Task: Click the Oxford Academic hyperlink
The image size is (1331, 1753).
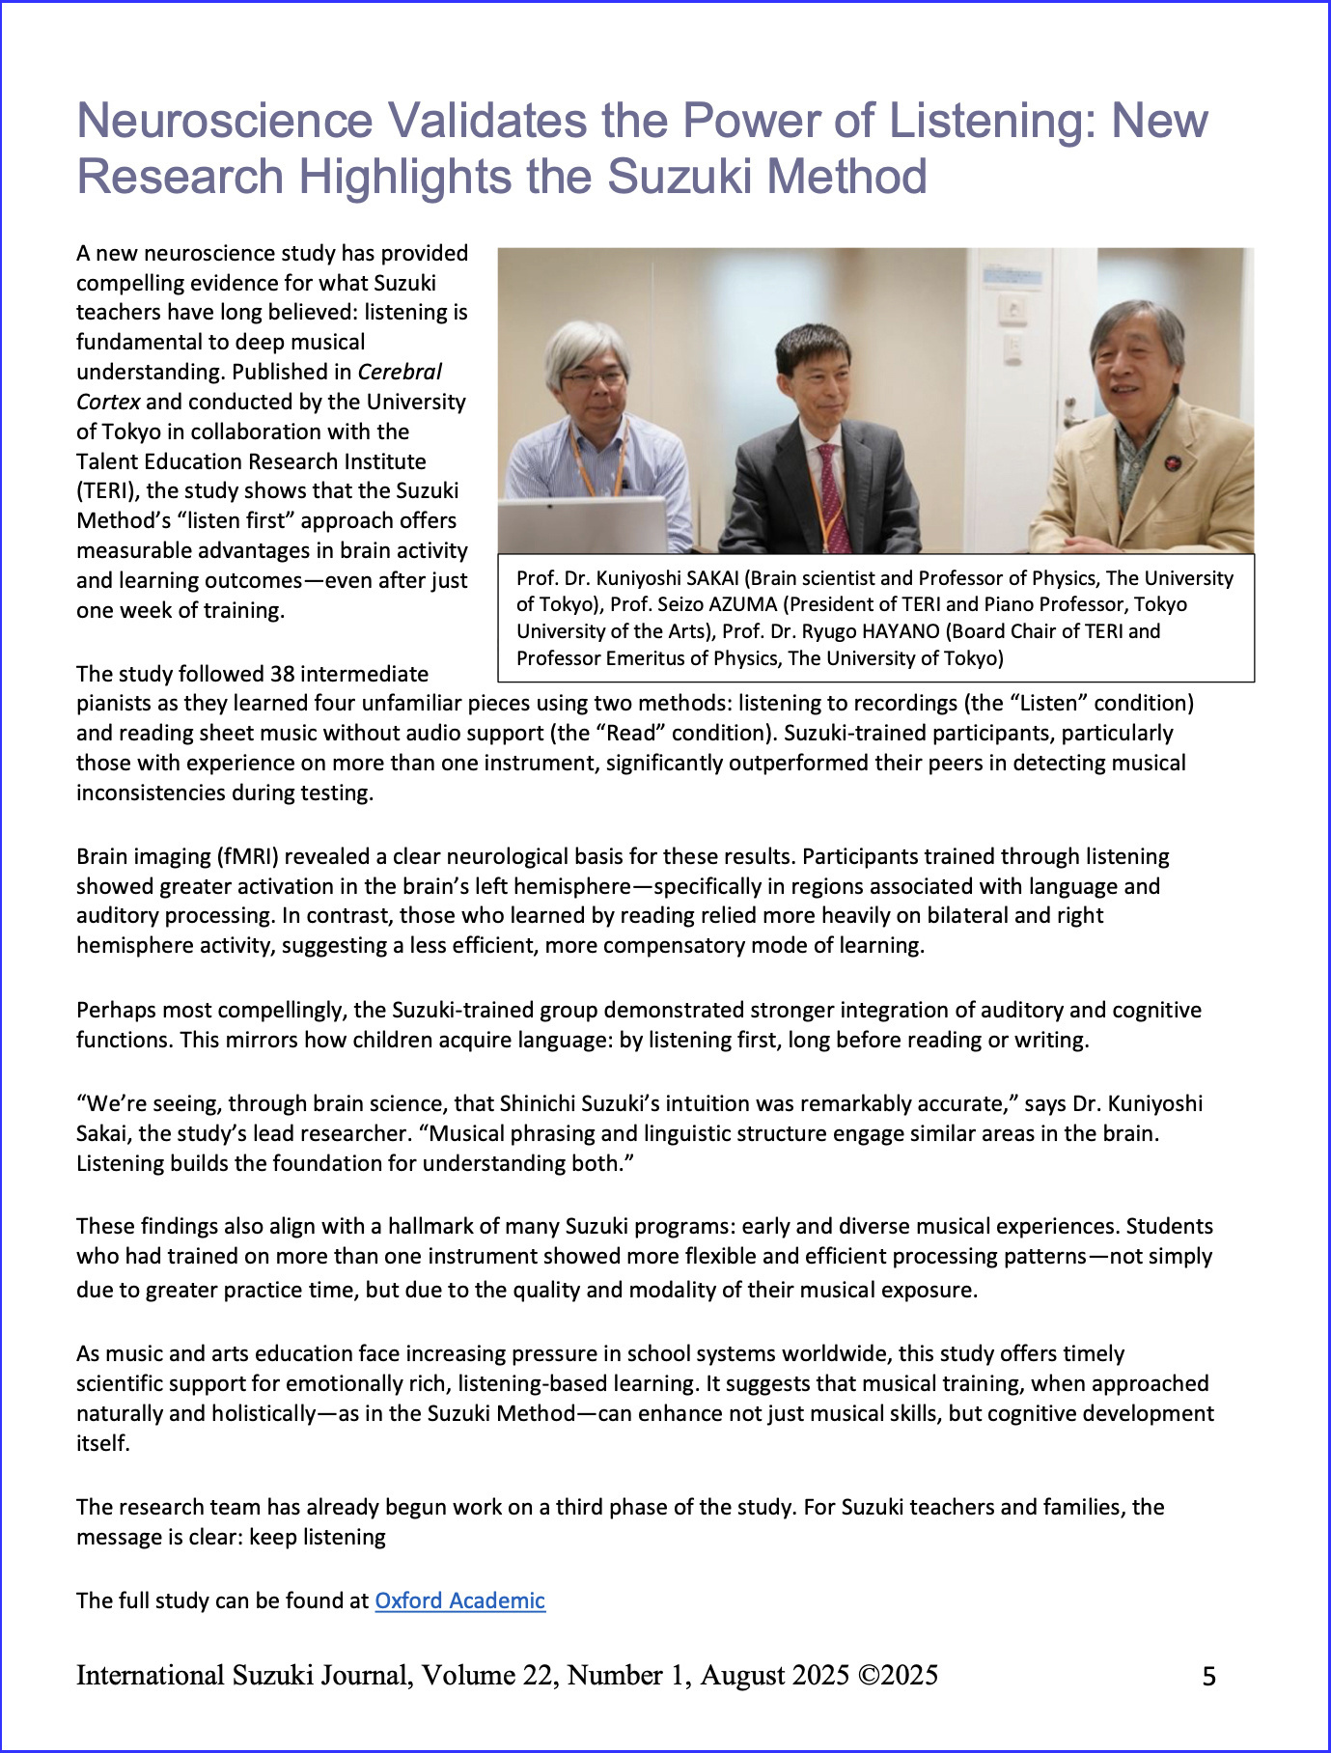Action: pos(459,1600)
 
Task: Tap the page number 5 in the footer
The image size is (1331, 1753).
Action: pos(1208,1677)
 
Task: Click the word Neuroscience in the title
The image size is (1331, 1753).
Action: pos(224,121)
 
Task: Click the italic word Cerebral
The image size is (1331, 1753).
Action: pos(400,372)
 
